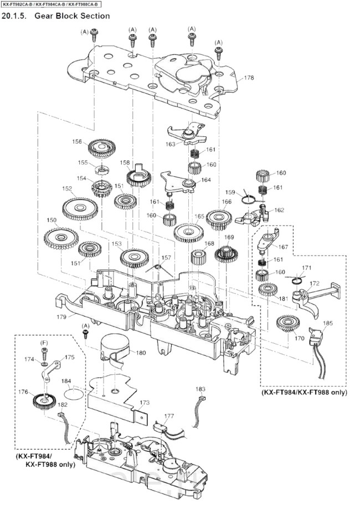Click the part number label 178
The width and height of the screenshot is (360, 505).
[x=249, y=78]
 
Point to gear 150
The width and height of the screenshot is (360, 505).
[x=61, y=238]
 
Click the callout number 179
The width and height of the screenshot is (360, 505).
[x=61, y=317]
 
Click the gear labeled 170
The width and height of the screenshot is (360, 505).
[x=288, y=323]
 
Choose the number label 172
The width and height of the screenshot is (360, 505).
[x=315, y=283]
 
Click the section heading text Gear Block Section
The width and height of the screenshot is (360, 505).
[x=72, y=16]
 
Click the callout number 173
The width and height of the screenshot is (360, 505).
[x=145, y=402]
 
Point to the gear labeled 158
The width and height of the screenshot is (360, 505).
[x=139, y=176]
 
